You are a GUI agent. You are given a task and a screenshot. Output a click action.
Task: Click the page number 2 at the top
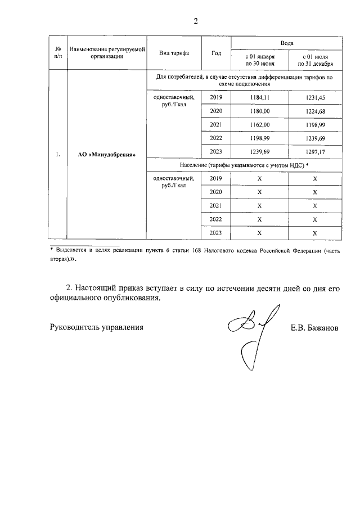click(196, 21)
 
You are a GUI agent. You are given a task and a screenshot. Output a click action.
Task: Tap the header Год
click(216, 53)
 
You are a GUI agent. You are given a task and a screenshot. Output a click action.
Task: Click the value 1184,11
click(260, 98)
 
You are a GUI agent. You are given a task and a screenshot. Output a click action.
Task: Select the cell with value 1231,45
click(315, 98)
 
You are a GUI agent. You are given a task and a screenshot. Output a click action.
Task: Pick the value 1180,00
click(260, 111)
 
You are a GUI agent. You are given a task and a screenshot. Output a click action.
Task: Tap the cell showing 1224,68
click(315, 111)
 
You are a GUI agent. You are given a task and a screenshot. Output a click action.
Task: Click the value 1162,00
click(260, 124)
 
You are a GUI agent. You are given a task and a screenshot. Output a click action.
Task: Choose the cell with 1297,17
click(315, 151)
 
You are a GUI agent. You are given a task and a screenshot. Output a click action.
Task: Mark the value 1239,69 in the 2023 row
click(260, 151)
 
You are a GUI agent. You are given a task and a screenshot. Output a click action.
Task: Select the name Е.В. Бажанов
click(314, 327)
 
